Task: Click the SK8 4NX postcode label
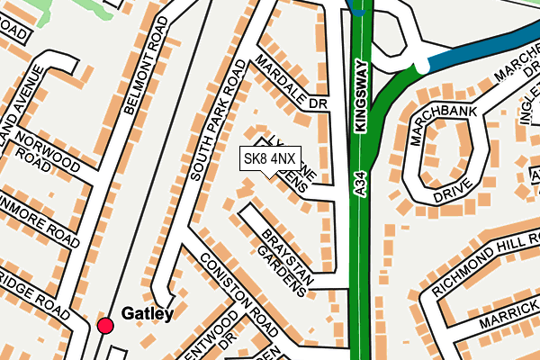click(x=269, y=159)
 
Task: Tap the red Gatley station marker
click(x=106, y=325)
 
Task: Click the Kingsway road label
click(x=362, y=97)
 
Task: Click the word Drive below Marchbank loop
click(x=451, y=191)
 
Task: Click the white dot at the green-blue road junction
click(x=421, y=65)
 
